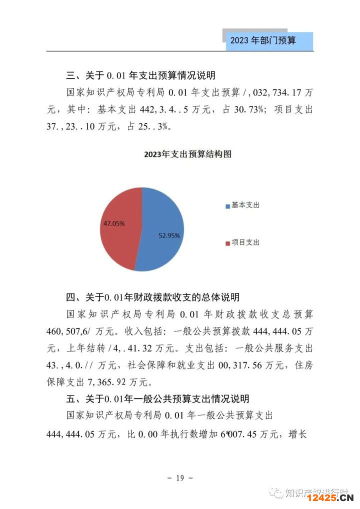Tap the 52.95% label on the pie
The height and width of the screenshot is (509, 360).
[x=169, y=234]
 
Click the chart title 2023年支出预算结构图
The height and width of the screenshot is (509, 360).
[x=187, y=154]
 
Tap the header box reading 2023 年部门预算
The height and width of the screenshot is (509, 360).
[x=268, y=41]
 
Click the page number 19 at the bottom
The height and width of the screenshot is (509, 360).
[x=180, y=478]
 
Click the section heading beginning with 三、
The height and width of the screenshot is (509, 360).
[x=141, y=76]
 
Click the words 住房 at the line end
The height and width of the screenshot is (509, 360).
[x=303, y=365]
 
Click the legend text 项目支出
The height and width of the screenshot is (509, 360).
[x=245, y=243]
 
